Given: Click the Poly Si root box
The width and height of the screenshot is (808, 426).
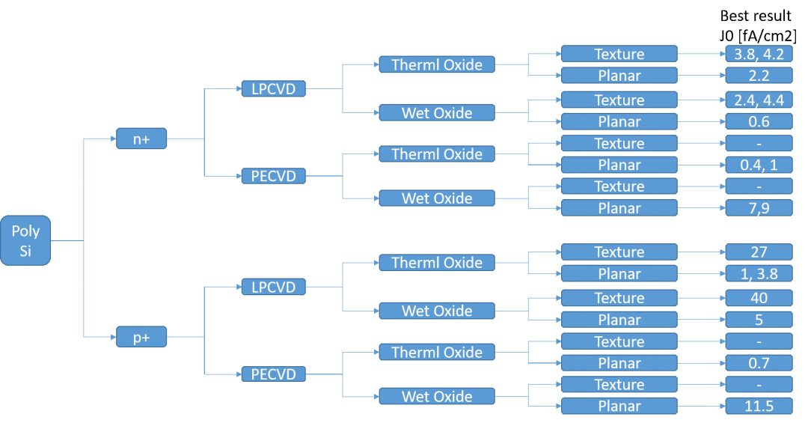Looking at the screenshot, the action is tap(25, 240).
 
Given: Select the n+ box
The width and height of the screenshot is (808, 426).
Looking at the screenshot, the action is tap(141, 139).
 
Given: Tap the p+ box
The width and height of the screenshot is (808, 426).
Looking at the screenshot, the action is tap(141, 337).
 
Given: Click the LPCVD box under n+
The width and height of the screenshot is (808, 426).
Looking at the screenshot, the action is tap(274, 88).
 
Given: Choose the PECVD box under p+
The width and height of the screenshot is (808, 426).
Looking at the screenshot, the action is tap(274, 374).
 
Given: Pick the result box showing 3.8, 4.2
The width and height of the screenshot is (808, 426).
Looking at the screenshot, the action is tap(759, 54).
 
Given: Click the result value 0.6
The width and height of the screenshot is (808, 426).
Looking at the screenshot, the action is tap(759, 121).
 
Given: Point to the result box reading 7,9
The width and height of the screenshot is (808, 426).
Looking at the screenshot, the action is tap(759, 208).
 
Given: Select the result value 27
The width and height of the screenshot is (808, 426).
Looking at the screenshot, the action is tap(759, 252).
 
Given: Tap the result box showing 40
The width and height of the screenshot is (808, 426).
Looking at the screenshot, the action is tap(759, 297).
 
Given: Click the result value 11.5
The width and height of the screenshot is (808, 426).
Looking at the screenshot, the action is tap(759, 406).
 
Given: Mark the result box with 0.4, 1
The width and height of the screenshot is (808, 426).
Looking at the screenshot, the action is tap(759, 165).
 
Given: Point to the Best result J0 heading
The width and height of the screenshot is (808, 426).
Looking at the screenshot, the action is tap(757, 25).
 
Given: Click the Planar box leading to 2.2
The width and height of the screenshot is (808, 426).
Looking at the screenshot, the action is tap(619, 76).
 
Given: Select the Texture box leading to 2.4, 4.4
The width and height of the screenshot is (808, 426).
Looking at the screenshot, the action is tap(619, 100).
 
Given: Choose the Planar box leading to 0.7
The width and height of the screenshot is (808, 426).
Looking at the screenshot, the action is tap(619, 363).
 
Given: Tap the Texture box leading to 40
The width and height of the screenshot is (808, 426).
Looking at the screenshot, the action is tap(619, 297).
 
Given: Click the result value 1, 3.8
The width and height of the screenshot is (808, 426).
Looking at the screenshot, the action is tap(759, 273).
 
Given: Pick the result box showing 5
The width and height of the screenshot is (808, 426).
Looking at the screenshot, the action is tap(759, 320).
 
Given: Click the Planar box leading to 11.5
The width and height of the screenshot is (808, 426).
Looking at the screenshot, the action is tap(619, 406).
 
